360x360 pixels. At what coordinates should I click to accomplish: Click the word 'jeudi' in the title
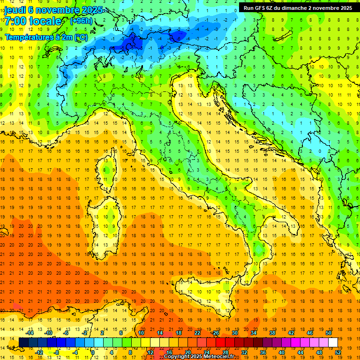click(x=15, y=10)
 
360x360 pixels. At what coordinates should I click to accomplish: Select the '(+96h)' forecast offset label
click(x=81, y=21)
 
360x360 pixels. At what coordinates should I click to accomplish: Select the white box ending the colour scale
click(x=333, y=342)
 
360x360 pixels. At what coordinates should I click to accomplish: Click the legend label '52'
click(x=338, y=352)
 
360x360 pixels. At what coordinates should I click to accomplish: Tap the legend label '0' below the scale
click(x=93, y=352)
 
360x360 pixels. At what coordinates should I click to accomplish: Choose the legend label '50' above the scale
click(x=328, y=332)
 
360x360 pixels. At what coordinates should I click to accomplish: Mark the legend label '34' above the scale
click(x=254, y=332)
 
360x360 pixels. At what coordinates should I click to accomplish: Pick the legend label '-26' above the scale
click(x=215, y=332)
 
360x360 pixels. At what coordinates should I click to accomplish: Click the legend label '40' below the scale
click(x=282, y=352)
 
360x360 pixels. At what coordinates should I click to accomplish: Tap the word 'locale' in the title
click(x=45, y=21)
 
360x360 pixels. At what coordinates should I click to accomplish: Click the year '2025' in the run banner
click(x=346, y=8)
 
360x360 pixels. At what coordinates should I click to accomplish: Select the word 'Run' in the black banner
click(x=248, y=8)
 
